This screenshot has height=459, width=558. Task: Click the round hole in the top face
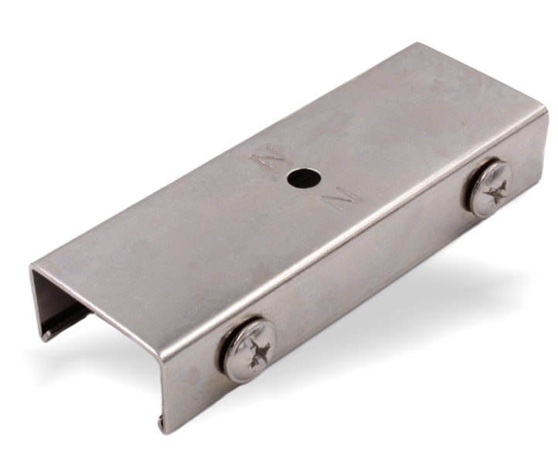(305, 178)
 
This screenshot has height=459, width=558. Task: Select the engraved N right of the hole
(342, 198)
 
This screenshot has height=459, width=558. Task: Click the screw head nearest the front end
(250, 351)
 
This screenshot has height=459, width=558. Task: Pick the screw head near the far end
(491, 189)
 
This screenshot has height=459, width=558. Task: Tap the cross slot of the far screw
(495, 193)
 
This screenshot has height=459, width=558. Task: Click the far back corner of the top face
(417, 43)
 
